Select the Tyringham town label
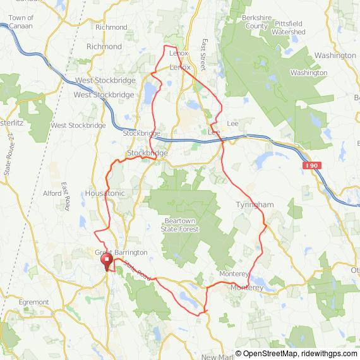(255, 205)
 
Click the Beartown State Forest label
(181, 225)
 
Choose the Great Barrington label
(121, 253)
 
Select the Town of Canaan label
(21, 22)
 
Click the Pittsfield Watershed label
(290, 27)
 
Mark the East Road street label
(65, 196)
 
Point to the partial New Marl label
(218, 357)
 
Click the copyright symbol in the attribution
(239, 354)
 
